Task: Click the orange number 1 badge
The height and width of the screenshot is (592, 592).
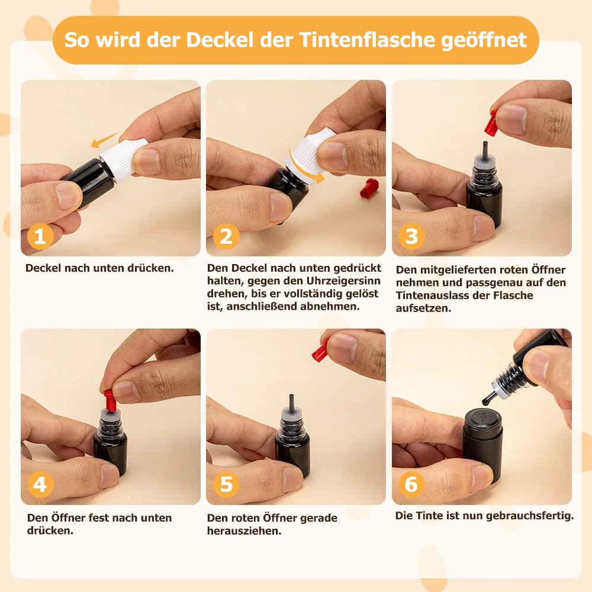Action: pos(40,237)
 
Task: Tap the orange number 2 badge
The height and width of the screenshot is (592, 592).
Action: pos(226,237)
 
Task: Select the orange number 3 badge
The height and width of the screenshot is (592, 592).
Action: pos(411,237)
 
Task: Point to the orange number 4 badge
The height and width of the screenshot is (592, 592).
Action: pos(40,484)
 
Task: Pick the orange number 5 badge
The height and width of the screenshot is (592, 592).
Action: pos(226,484)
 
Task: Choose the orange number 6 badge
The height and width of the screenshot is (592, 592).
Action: pos(411,484)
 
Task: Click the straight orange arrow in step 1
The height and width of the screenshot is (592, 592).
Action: pos(105,140)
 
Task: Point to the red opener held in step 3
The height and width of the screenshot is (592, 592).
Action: pos(491,124)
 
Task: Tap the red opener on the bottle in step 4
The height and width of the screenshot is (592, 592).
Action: pos(110,401)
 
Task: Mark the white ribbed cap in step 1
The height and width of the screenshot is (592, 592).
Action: pos(124,159)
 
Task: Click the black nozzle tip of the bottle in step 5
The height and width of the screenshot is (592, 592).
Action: pos(291,401)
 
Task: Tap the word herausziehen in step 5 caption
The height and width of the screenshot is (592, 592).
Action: pos(244,531)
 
